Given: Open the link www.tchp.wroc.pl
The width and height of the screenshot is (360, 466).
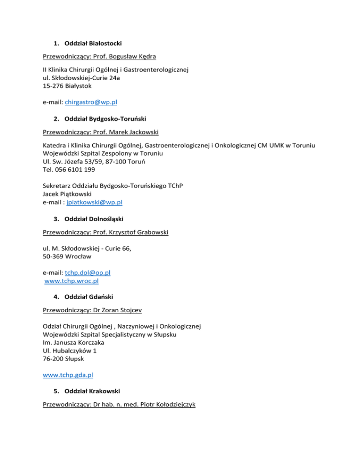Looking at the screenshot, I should (x=71, y=281).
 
